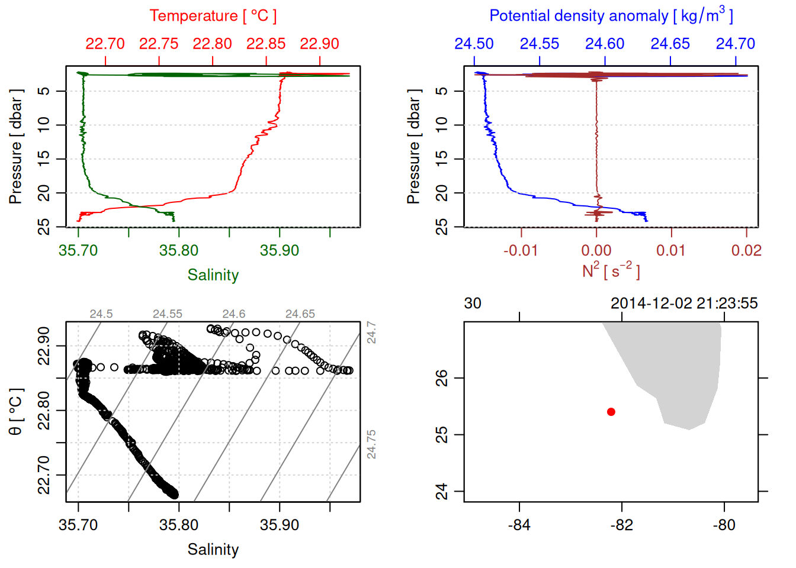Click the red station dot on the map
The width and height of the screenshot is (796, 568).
point(611,412)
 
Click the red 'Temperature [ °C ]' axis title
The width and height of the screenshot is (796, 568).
point(213,16)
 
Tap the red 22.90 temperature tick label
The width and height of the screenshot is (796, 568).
point(319,44)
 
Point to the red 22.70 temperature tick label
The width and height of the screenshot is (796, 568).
point(105,44)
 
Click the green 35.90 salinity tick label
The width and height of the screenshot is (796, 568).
point(280,250)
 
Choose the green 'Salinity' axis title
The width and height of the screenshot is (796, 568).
point(213,275)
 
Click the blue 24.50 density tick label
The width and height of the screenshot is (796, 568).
point(474,44)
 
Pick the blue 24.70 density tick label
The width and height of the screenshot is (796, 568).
point(736,44)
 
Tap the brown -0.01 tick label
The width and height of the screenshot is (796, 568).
point(521,250)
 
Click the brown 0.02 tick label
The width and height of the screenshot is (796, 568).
point(746,250)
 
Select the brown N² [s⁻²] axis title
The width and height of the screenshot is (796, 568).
point(611,271)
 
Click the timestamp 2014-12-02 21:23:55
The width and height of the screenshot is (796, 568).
point(684,304)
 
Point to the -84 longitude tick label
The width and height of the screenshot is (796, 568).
point(519,525)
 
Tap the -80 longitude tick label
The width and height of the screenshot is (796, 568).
point(724,525)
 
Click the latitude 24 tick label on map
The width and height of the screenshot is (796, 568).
point(442,492)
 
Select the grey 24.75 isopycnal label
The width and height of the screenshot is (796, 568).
point(371,444)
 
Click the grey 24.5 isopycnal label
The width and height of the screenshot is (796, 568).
point(101,314)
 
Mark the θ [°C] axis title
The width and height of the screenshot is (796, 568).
point(16,412)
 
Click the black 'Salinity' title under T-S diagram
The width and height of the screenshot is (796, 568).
point(213,550)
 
